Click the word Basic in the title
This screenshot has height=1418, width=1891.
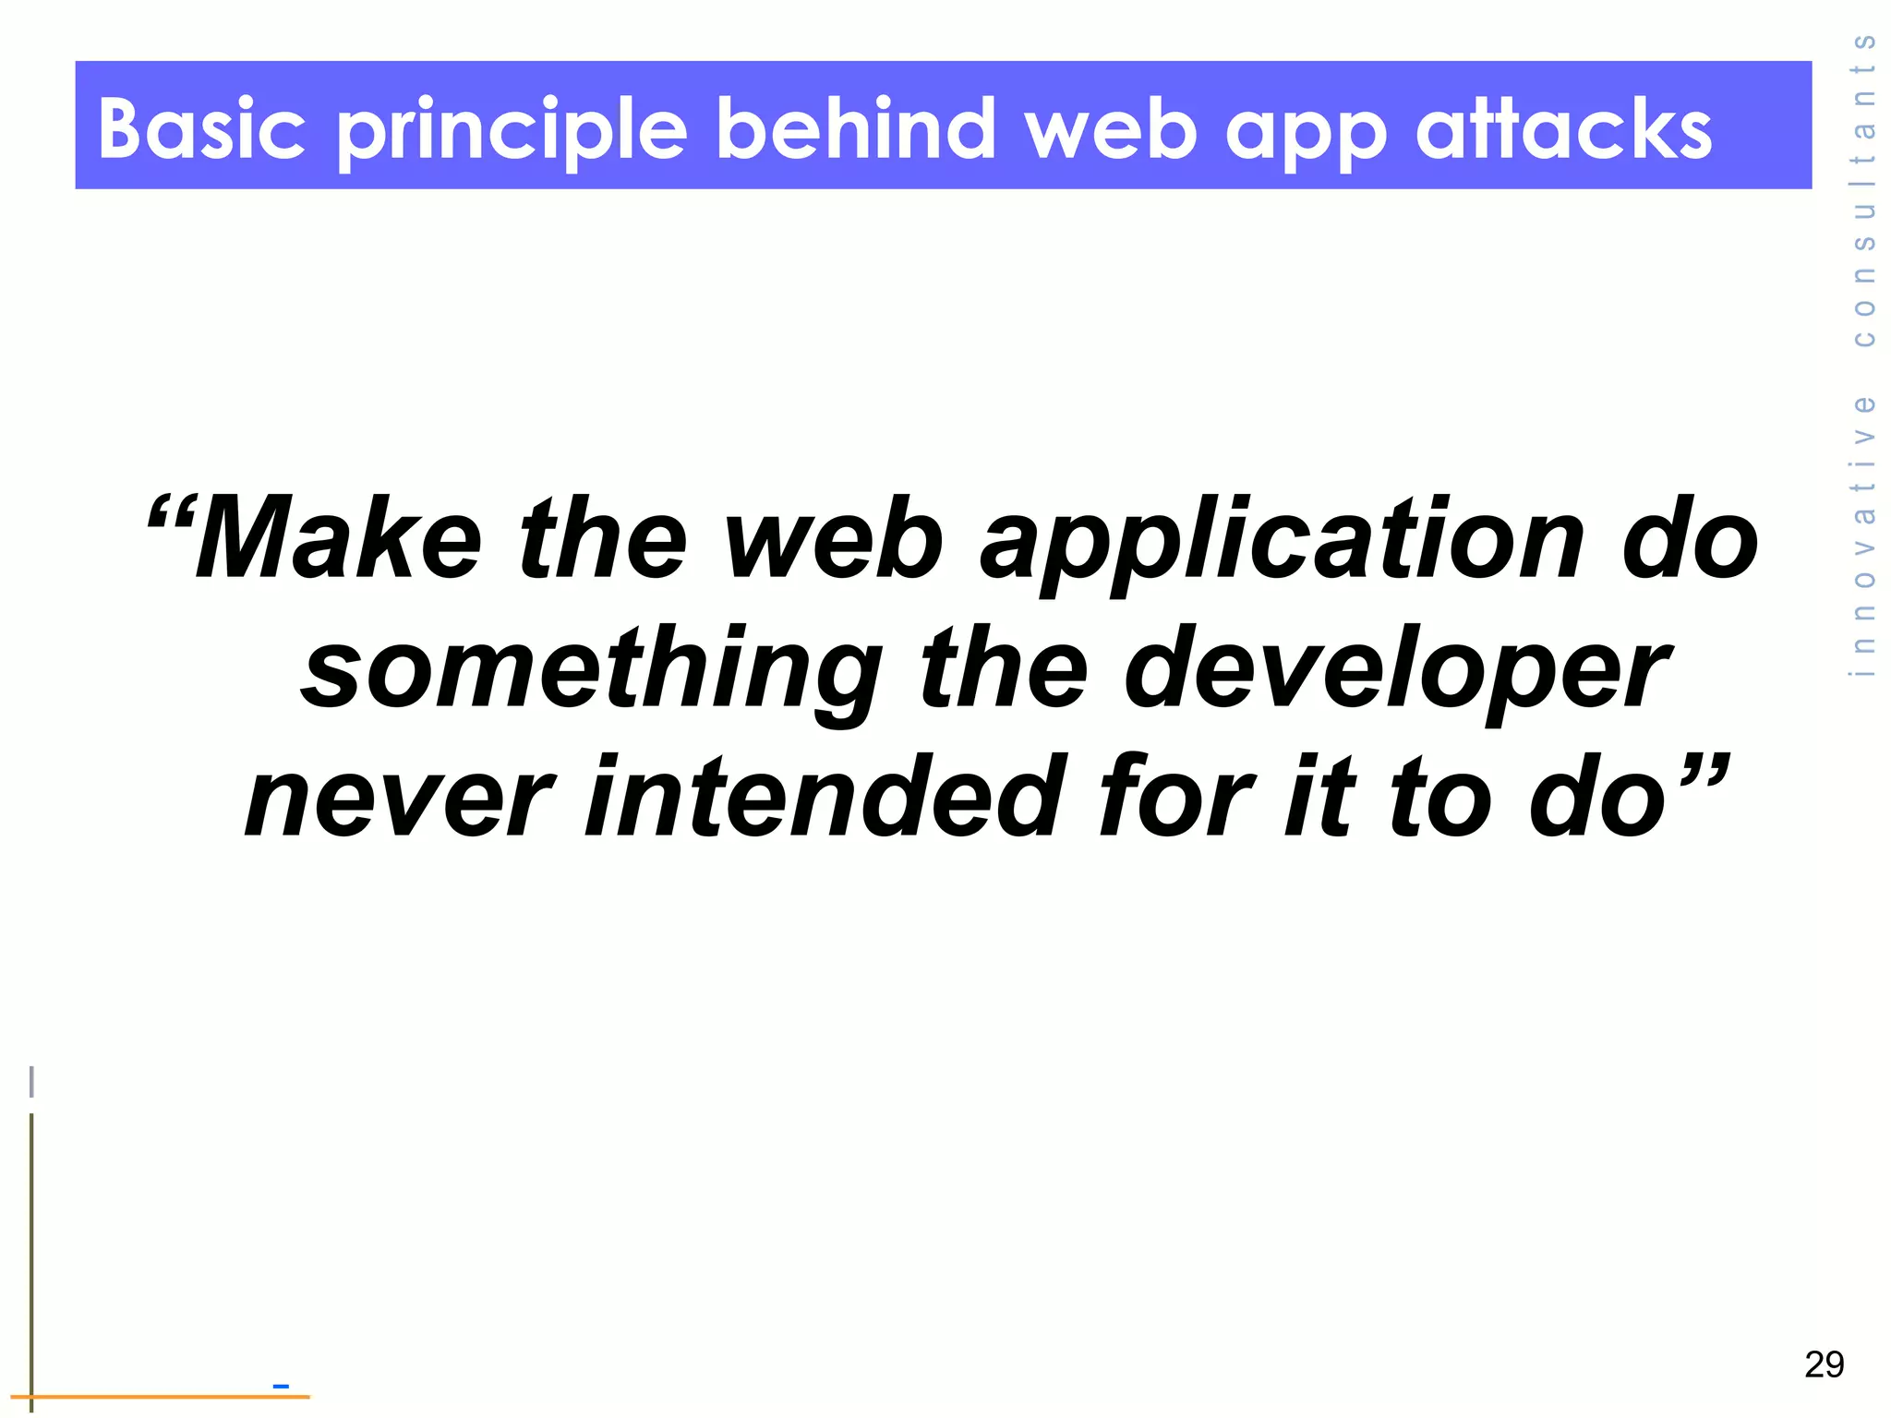[x=201, y=128]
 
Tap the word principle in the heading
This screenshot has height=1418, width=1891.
[x=512, y=131]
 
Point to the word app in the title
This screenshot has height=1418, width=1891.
[x=1306, y=135]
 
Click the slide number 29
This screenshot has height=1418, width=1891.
[x=1824, y=1364]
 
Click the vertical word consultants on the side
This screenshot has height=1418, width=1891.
[x=1863, y=190]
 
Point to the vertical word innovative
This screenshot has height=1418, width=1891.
[x=1863, y=535]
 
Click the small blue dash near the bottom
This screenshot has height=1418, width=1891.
[x=281, y=1386]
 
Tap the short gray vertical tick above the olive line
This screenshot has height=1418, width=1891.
[x=32, y=1081]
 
